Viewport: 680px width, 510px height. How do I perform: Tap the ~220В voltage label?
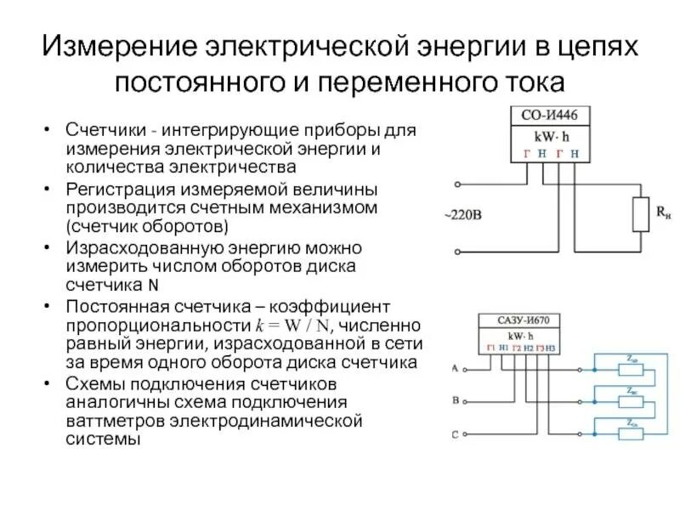[x=462, y=216]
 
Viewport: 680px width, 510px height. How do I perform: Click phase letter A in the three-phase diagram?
[x=454, y=368]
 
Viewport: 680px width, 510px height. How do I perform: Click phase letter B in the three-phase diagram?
[x=455, y=400]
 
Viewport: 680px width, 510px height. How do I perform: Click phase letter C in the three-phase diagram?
[x=455, y=434]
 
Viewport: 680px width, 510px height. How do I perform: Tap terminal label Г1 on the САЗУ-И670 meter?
[x=490, y=348]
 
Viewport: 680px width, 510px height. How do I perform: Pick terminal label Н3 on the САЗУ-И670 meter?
[x=550, y=348]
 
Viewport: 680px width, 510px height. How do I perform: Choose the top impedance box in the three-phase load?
[x=632, y=369]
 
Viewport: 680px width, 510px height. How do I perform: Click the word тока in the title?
[x=531, y=82]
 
